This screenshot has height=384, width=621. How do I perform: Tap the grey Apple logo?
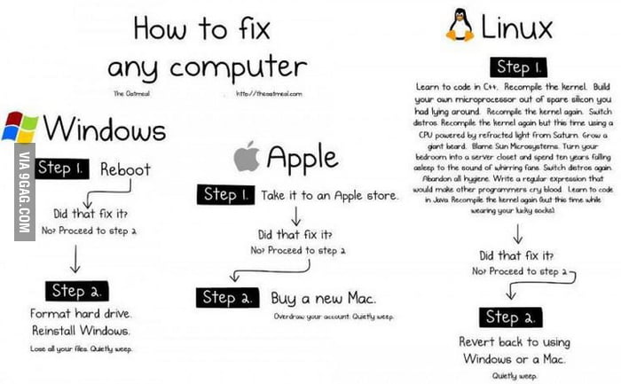click(246, 158)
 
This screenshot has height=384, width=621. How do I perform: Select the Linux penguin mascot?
click(460, 26)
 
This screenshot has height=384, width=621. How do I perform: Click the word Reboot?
click(125, 168)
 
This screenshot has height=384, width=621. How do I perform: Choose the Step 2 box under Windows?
click(80, 291)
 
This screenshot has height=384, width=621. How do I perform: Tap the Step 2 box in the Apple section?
click(229, 296)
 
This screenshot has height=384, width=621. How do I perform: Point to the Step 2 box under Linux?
click(514, 317)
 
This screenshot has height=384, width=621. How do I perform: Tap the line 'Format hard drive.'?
click(81, 314)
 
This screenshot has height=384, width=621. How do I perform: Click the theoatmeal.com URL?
click(269, 93)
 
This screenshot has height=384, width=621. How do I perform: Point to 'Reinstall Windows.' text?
click(81, 331)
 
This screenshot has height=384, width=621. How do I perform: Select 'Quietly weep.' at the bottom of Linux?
click(512, 375)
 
